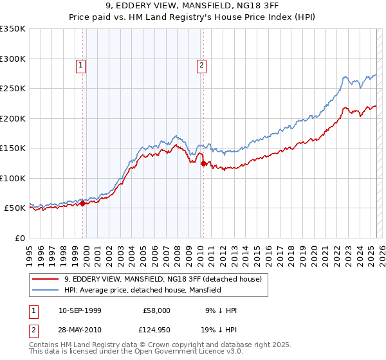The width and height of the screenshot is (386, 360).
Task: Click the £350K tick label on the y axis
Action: [x=12, y=29]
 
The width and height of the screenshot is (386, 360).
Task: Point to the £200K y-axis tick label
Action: [x=12, y=118]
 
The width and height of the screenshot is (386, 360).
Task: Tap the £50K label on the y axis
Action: [x=15, y=208]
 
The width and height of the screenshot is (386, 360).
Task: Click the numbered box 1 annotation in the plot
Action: [x=81, y=64]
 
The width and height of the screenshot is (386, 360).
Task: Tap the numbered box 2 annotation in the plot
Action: [x=201, y=64]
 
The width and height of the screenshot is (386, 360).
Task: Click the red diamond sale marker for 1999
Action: [x=83, y=203]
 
